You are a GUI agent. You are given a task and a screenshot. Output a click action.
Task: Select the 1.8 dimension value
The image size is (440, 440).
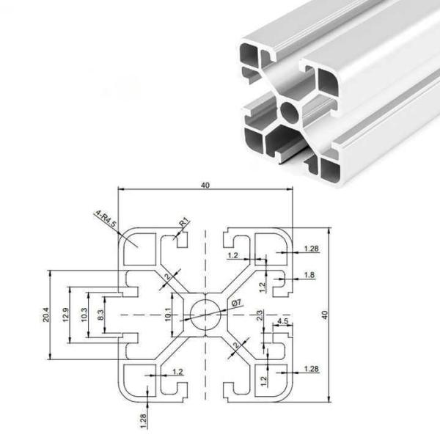pyautogui.click(x=309, y=276)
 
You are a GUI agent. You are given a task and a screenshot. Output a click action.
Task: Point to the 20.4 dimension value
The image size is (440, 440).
pyautogui.click(x=45, y=315)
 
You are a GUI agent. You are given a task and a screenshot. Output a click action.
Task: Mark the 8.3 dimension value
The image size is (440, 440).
pyautogui.click(x=101, y=315)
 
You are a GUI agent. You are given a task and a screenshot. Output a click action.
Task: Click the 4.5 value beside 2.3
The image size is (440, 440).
pyautogui.click(x=283, y=321)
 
